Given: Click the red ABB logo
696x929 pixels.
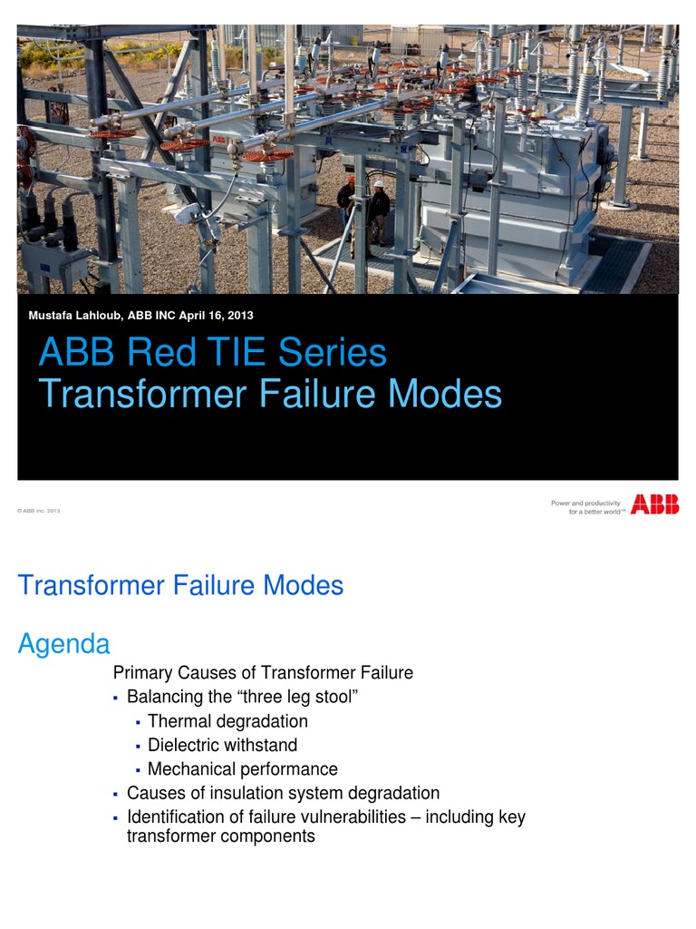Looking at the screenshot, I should point(654,504).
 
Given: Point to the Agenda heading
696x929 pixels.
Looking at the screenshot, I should point(64,644).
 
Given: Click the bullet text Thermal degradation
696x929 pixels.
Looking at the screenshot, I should point(227,721).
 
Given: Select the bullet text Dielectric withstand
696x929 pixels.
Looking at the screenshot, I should point(222,745).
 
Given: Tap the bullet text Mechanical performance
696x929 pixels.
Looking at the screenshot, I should point(243,769).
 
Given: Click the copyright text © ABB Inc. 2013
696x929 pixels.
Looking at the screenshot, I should point(39,512).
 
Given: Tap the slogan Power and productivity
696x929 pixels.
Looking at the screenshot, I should point(585,503).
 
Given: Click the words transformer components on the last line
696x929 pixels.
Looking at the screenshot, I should point(221,836).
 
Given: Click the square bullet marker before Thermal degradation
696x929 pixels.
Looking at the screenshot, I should point(137,722).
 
